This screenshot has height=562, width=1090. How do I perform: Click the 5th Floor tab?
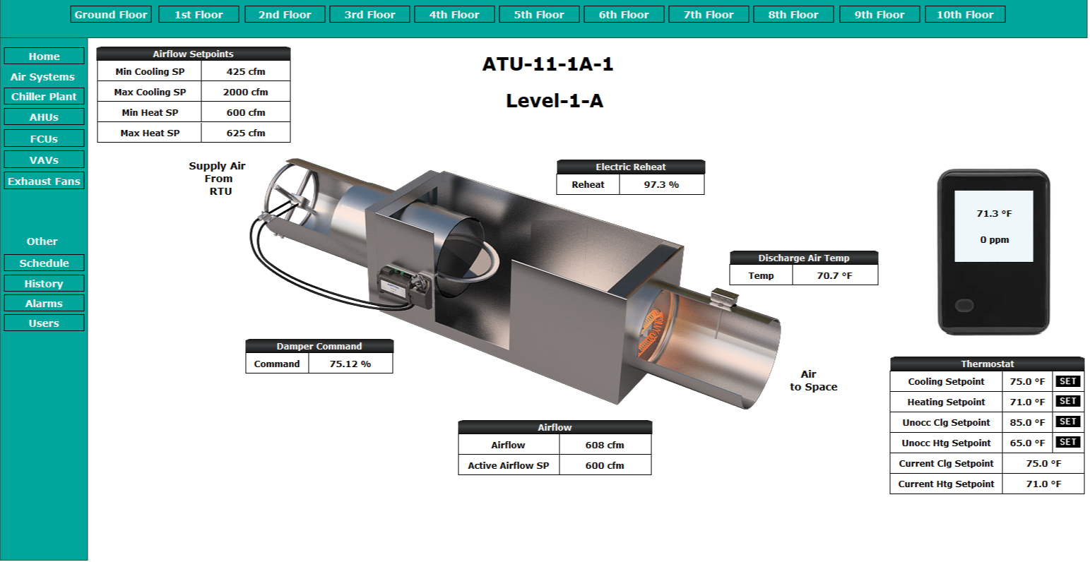(539, 15)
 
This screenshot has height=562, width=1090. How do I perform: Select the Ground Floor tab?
(111, 15)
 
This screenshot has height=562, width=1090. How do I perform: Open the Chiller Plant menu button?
(44, 96)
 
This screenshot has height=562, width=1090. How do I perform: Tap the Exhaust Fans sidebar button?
(44, 181)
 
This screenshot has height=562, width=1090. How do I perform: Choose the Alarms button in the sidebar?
(44, 304)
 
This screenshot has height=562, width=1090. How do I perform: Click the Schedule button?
(44, 263)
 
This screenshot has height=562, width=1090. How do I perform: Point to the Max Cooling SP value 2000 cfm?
(246, 92)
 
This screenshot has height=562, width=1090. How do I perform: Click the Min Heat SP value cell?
(246, 112)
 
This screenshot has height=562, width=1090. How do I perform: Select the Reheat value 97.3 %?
(661, 185)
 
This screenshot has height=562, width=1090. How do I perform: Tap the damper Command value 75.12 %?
(350, 364)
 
